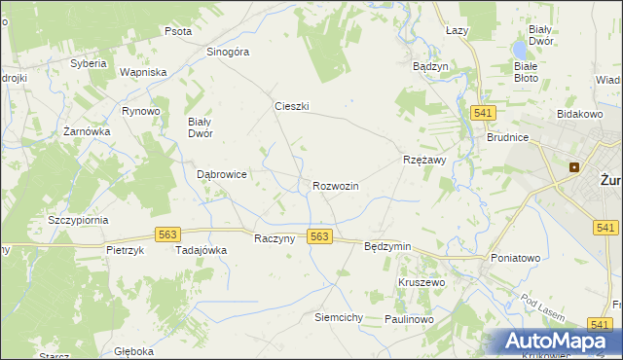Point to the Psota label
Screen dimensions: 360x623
[x=177, y=31]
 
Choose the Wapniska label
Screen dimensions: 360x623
[x=143, y=72]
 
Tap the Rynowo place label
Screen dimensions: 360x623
[x=140, y=111]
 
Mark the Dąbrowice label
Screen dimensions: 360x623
[x=221, y=174]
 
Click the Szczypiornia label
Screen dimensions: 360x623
[x=78, y=221]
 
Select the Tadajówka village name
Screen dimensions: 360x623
[x=201, y=250]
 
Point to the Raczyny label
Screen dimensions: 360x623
[x=274, y=239]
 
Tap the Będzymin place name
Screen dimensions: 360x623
[x=386, y=247]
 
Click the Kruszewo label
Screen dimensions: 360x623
[x=421, y=282]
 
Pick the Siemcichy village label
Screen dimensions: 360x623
[x=338, y=318]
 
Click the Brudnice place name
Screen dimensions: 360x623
[x=507, y=138]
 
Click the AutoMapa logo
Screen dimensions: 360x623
[x=555, y=342]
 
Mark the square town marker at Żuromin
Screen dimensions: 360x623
[x=574, y=166]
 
